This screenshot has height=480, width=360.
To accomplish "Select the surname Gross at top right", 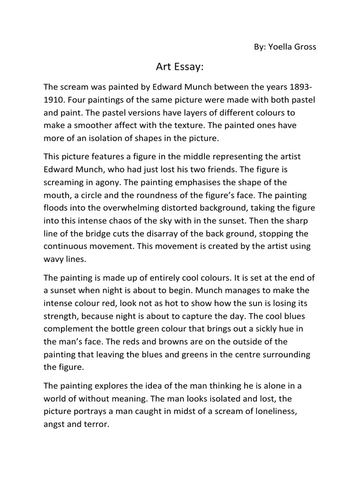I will [306, 47].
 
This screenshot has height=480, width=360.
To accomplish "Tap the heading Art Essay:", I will [180, 67].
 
